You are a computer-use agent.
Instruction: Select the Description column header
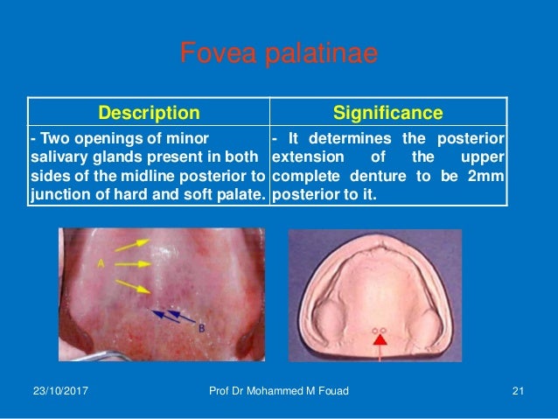[x=149, y=113]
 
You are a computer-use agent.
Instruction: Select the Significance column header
[x=388, y=113]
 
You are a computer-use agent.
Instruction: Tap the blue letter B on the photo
[x=202, y=330]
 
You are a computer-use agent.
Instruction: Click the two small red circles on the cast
[x=379, y=331]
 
